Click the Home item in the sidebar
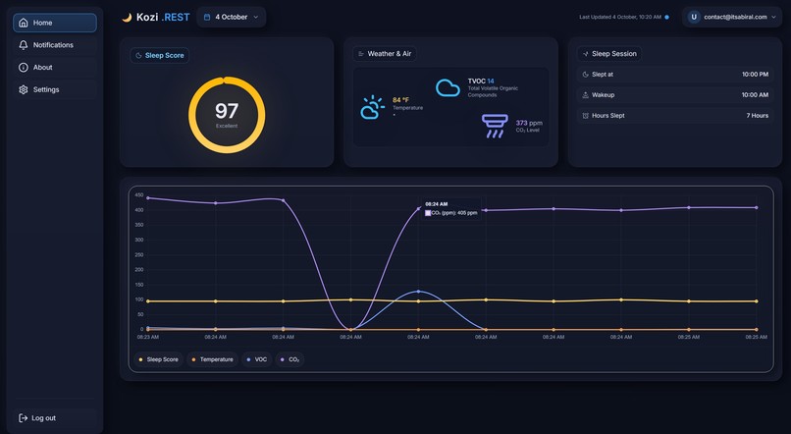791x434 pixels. pyautogui.click(x=54, y=23)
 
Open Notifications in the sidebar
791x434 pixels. pyautogui.click(x=54, y=45)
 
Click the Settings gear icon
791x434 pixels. pyautogui.click(x=24, y=89)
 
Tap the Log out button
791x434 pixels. pyautogui.click(x=43, y=418)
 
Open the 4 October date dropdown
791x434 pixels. pyautogui.click(x=232, y=17)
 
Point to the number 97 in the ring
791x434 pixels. pyautogui.click(x=227, y=111)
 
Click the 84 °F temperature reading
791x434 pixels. pyautogui.click(x=401, y=100)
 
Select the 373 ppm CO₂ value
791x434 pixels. pyautogui.click(x=528, y=123)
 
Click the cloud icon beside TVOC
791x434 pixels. pyautogui.click(x=448, y=88)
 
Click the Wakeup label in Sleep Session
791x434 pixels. pyautogui.click(x=603, y=94)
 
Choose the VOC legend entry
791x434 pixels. pyautogui.click(x=257, y=359)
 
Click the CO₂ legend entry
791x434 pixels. pyautogui.click(x=290, y=359)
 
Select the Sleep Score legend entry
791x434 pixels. pyautogui.click(x=159, y=359)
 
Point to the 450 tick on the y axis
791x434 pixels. pyautogui.click(x=139, y=194)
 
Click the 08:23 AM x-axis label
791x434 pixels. pyautogui.click(x=147, y=337)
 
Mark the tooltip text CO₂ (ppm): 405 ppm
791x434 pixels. pyautogui.click(x=454, y=212)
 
